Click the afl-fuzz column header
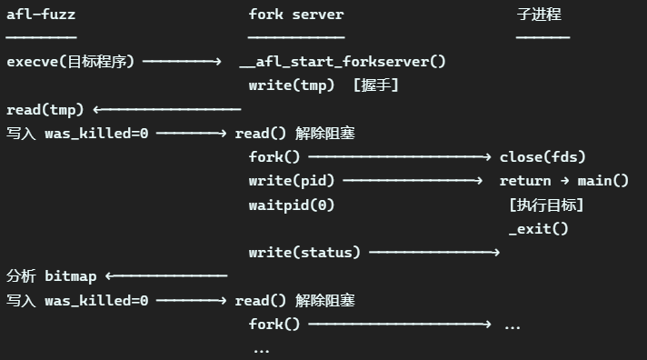(41, 15)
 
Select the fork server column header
(296, 15)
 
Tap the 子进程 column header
(539, 15)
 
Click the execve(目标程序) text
(71, 62)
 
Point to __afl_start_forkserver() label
(343, 62)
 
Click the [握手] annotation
(376, 85)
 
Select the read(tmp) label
(45, 110)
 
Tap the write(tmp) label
(292, 85)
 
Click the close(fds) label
(542, 157)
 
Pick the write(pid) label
(292, 181)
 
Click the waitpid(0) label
(292, 205)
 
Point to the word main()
(602, 181)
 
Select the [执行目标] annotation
(546, 205)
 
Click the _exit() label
(539, 229)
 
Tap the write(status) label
(304, 252)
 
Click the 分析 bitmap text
(52, 276)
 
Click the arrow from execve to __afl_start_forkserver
(182, 62)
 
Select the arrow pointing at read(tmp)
(167, 109)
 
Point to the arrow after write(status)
(434, 252)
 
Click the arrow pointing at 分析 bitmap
(166, 275)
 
